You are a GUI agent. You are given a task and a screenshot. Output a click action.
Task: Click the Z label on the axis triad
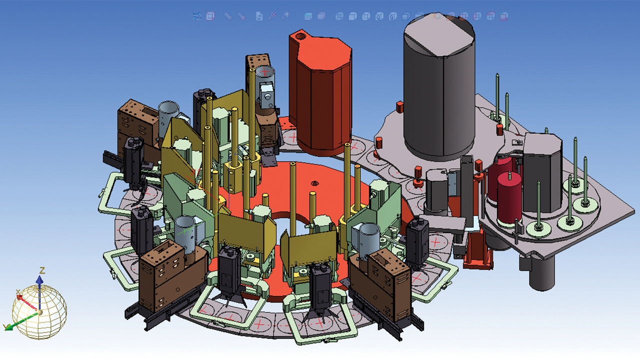point(42,270)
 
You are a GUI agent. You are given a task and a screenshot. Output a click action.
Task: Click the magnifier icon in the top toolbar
point(285,16)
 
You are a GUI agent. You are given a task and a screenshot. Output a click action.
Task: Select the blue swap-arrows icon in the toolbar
point(196,16)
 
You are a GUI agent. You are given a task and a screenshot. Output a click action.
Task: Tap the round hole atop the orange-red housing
point(300,36)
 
